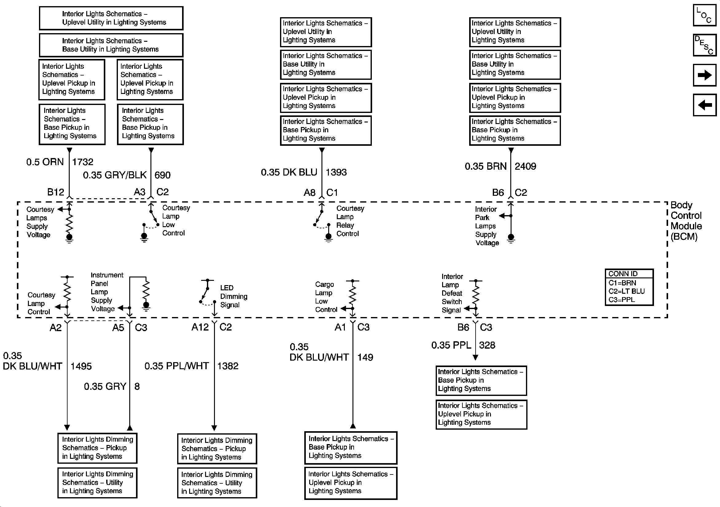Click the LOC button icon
tap(704, 15)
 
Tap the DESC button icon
tap(704, 45)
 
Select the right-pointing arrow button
tap(704, 75)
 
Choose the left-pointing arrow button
tap(704, 105)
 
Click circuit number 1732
tap(83, 162)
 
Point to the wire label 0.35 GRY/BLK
tap(115, 175)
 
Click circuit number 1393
tap(336, 172)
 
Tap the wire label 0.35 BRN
tap(485, 166)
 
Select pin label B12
tap(56, 192)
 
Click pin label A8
tap(309, 192)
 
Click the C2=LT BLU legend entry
tap(627, 291)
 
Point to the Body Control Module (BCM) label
tap(686, 221)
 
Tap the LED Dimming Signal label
tap(233, 296)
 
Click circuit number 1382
tap(228, 366)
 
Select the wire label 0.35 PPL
tap(451, 345)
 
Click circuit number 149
tap(365, 357)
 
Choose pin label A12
tap(200, 327)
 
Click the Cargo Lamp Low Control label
tap(326, 297)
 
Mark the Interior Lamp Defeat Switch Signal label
tap(452, 293)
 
